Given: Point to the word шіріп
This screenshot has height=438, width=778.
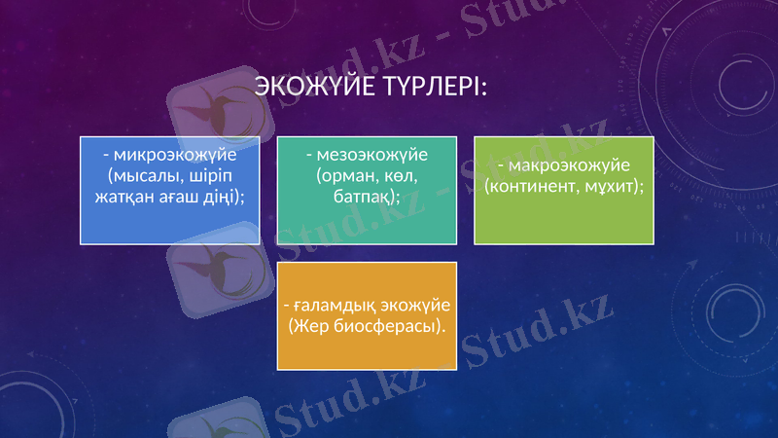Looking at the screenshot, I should [207, 176].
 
